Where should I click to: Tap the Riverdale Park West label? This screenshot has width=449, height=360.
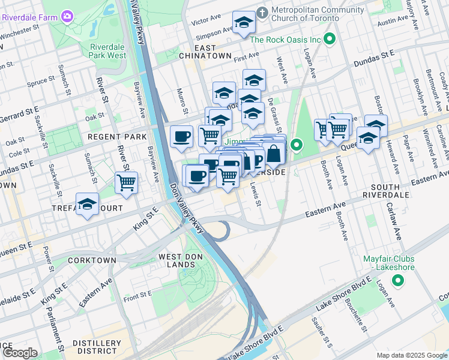tap(107, 51)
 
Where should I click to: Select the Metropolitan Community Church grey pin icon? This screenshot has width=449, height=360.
tap(262, 12)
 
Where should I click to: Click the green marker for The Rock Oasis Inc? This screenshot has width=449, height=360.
tap(330, 40)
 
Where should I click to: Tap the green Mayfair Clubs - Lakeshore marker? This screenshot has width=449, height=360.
tap(397, 280)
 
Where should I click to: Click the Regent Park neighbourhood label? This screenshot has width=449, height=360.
tap(117, 137)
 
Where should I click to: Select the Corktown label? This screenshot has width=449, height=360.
tap(92, 260)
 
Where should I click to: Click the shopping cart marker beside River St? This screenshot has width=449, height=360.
tap(126, 182)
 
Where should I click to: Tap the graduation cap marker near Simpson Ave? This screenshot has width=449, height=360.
tap(244, 23)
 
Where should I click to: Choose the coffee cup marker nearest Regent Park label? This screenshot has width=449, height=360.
tap(181, 137)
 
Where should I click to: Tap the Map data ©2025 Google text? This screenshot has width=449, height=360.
tap(411, 355)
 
